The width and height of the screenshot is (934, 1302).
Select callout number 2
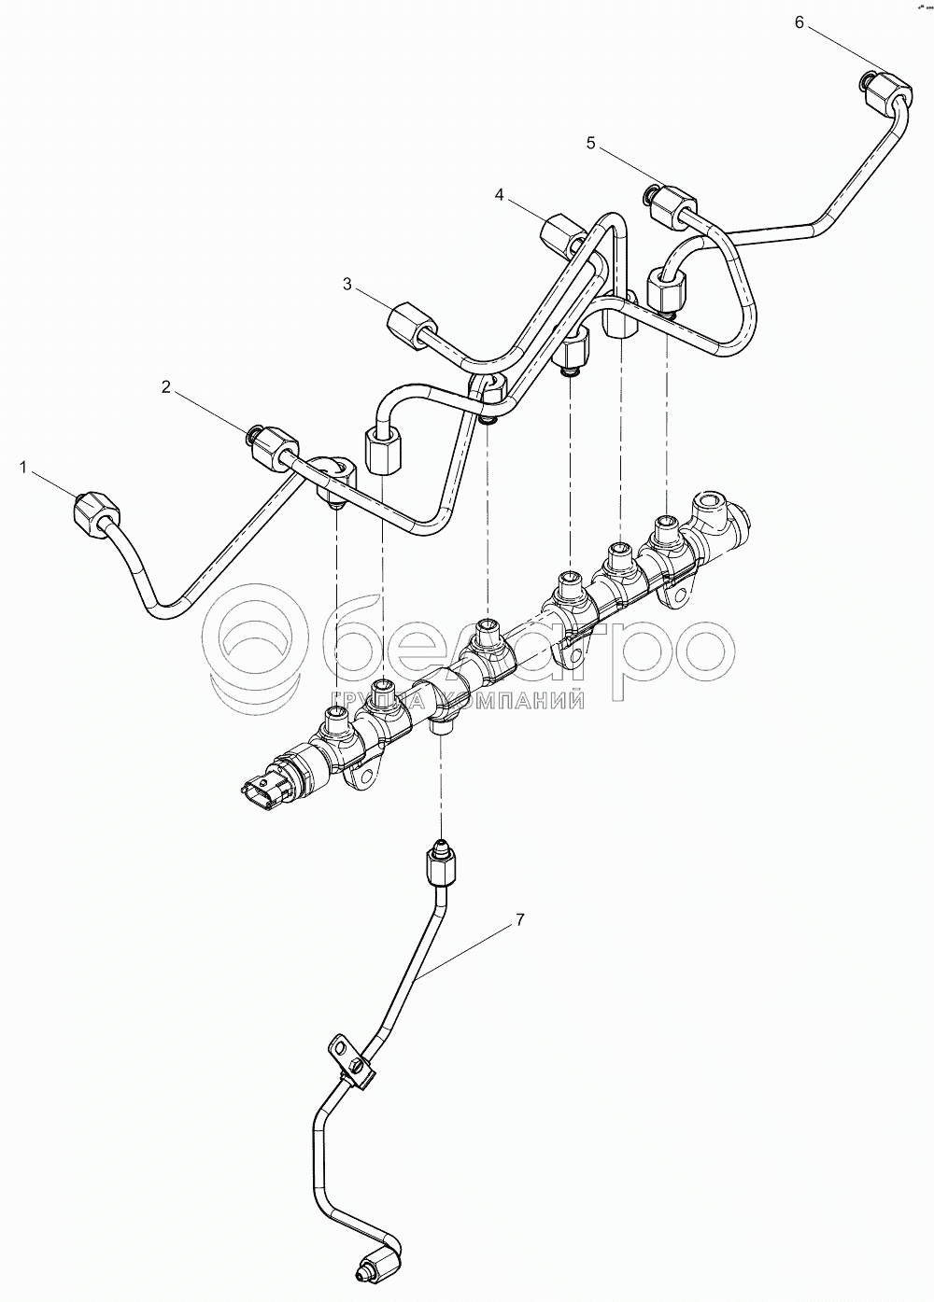pos(165,387)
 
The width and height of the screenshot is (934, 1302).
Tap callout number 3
pos(347,284)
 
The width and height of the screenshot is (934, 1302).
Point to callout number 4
pos(500,195)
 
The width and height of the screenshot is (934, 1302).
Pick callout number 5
pos(590,143)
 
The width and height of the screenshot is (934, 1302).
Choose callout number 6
pos(799,21)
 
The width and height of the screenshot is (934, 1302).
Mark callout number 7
pos(518,919)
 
